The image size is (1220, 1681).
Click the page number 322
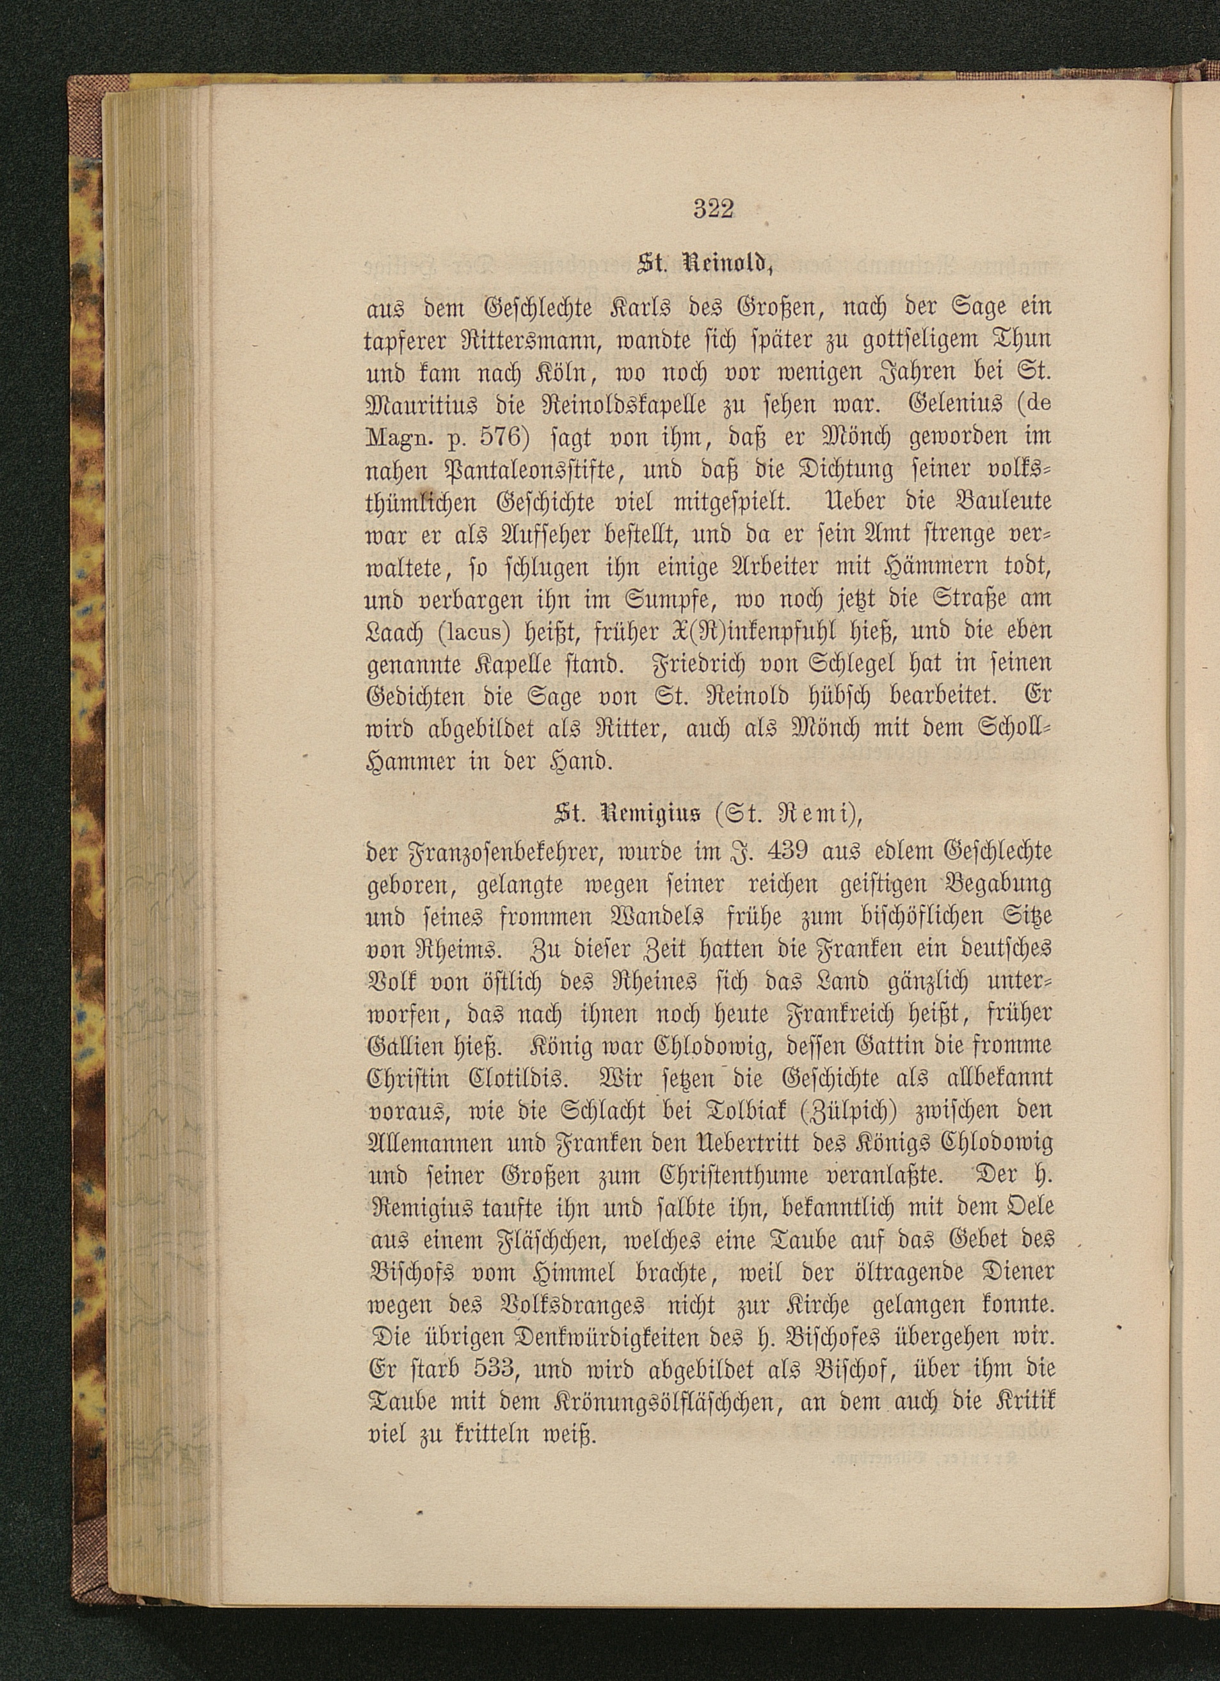click(712, 210)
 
